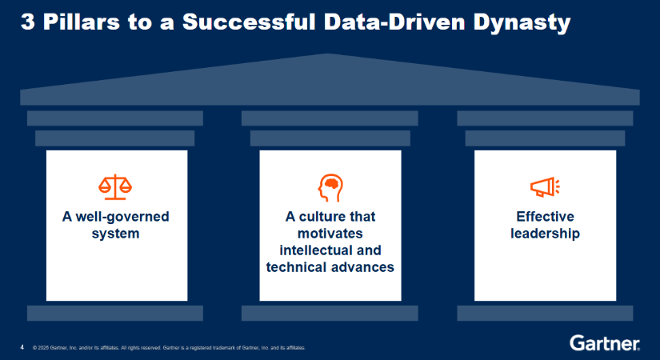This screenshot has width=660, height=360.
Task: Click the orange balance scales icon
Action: click(115, 187)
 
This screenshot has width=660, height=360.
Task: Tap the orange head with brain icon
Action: click(330, 188)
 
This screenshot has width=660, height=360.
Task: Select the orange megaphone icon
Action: click(545, 187)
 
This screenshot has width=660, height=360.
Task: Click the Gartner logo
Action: click(605, 342)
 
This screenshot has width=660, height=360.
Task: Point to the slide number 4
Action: click(22, 347)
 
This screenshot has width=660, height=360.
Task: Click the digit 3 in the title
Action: click(27, 22)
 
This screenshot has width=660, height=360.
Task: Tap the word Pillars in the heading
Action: click(82, 22)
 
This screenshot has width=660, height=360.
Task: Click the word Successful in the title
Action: click(249, 22)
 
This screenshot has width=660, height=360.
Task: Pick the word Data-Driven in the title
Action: click(394, 22)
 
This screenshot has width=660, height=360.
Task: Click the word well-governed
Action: click(122, 217)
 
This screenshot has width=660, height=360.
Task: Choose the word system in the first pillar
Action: click(115, 234)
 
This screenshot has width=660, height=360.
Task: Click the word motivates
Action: click(330, 234)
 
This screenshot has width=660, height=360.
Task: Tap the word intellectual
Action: click(311, 250)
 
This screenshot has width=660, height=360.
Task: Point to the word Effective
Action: click(545, 217)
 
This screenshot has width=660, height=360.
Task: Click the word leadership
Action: click(545, 234)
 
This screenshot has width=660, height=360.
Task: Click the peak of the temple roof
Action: click(329, 54)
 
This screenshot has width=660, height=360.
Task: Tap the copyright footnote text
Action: click(170, 348)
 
